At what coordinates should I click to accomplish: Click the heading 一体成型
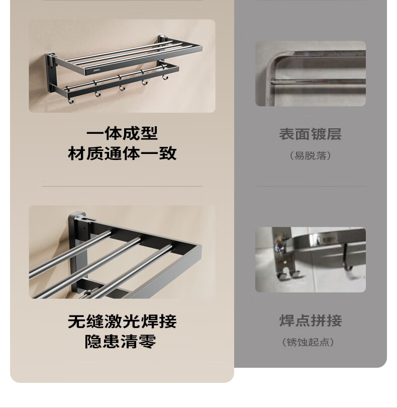122,133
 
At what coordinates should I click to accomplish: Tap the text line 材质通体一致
122,153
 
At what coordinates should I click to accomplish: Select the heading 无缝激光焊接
122,321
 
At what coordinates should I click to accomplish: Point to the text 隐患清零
121,342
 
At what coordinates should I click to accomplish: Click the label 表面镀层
311,134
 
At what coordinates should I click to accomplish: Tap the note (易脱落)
311,156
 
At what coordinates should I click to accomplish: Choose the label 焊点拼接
311,320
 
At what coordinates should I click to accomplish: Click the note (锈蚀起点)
308,342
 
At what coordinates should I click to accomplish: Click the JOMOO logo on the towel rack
96,70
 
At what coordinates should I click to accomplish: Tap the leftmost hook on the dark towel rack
70,100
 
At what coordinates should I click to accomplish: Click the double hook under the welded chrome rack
288,275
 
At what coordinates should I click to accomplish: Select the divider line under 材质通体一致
122,186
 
